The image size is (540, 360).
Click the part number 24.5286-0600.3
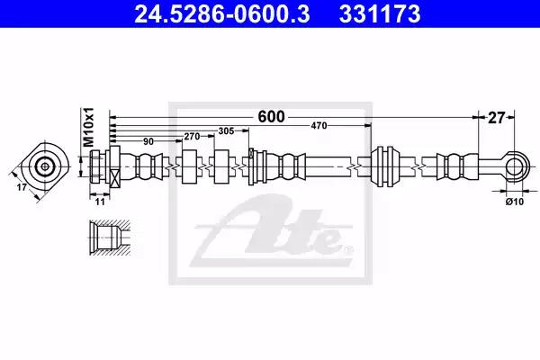(x=222, y=14)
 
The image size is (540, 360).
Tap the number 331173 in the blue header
(x=380, y=14)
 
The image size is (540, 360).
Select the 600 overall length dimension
(x=272, y=117)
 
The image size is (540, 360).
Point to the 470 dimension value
(x=319, y=126)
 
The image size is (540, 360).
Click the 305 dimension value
(x=226, y=130)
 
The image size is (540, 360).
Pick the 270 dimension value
(x=192, y=137)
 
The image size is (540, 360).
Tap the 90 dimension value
(x=148, y=141)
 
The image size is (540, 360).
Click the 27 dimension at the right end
(x=496, y=118)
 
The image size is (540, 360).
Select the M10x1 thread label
(x=89, y=126)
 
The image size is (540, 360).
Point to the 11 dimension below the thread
(x=100, y=202)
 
